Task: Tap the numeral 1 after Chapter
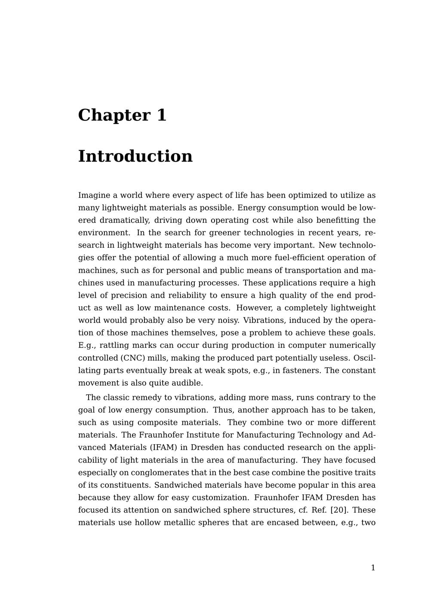click(x=161, y=115)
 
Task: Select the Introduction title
click(x=135, y=156)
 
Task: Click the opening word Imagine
click(x=93, y=195)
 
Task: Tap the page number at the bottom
click(x=373, y=568)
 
